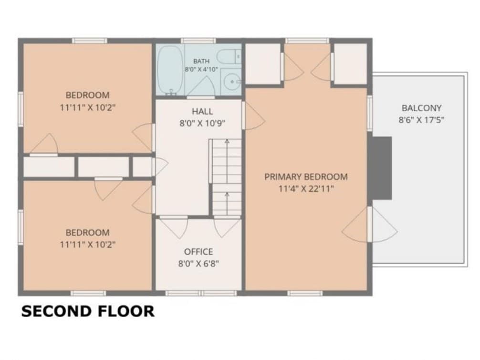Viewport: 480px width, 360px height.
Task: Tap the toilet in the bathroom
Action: click(229, 57)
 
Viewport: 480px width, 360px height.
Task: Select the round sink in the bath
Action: click(232, 82)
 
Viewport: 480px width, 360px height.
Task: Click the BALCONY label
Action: click(421, 108)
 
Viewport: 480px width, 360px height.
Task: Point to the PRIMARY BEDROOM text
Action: click(306, 177)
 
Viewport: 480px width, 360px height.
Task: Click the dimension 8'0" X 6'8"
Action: click(198, 264)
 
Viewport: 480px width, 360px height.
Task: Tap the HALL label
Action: click(202, 111)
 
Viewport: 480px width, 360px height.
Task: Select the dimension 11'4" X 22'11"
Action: click(306, 189)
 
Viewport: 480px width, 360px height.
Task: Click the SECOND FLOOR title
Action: click(88, 311)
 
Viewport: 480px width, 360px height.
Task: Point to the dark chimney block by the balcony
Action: click(382, 168)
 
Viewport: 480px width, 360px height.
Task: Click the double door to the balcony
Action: click(369, 224)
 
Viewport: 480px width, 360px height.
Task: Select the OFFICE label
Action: click(198, 252)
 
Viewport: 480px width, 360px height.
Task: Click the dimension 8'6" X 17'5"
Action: click(421, 120)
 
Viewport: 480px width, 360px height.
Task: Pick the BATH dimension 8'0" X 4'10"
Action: click(201, 70)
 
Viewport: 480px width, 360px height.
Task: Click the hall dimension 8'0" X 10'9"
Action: click(202, 123)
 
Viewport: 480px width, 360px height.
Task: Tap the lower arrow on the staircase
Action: click(227, 204)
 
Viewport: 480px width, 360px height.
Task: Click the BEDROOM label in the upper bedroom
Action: click(87, 95)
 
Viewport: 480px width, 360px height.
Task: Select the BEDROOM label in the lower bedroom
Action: click(87, 233)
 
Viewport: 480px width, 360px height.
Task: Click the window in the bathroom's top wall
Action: click(198, 41)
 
